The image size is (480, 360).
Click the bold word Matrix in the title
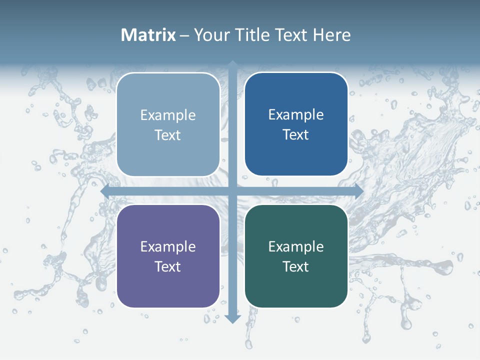[148, 35]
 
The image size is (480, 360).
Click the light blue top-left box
[168, 124]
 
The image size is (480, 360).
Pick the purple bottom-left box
[168, 256]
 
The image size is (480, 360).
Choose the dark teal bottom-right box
[296, 256]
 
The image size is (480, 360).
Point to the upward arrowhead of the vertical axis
[232, 65]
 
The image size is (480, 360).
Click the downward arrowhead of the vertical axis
[232, 318]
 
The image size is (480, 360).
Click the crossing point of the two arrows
[232, 191]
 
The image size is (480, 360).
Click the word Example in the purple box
[168, 247]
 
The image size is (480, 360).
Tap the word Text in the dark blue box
[296, 135]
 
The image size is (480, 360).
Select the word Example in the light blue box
[168, 115]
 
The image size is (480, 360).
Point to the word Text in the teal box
[296, 266]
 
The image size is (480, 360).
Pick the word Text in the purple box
[168, 266]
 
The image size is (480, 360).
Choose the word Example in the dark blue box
[296, 115]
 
